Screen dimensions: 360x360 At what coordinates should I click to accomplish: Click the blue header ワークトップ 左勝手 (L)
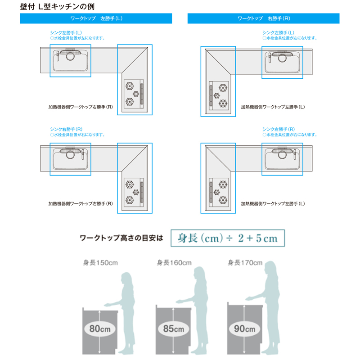pyautogui.click(x=96, y=18)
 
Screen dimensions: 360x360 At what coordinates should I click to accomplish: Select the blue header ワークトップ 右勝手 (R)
pyautogui.click(x=263, y=18)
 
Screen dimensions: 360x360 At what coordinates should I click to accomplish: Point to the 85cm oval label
pyautogui.click(x=173, y=329)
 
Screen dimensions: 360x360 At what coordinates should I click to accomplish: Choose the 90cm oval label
pyautogui.click(x=244, y=329)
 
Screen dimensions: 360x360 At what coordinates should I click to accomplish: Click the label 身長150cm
pyautogui.click(x=99, y=263)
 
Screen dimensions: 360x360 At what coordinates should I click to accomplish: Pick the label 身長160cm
pyautogui.click(x=174, y=263)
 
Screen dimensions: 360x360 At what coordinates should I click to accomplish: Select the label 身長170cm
pyautogui.click(x=245, y=263)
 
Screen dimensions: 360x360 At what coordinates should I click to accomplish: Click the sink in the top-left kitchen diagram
pyautogui.click(x=70, y=61)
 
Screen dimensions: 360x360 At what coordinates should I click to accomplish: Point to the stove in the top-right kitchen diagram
pyautogui.click(x=219, y=95)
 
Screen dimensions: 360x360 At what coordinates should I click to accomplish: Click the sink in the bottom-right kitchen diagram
pyautogui.click(x=282, y=159)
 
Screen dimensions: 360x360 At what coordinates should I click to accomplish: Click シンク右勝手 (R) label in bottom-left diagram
pyautogui.click(x=66, y=129)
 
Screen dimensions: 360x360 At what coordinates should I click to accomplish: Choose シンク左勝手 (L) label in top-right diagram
pyautogui.click(x=278, y=33)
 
